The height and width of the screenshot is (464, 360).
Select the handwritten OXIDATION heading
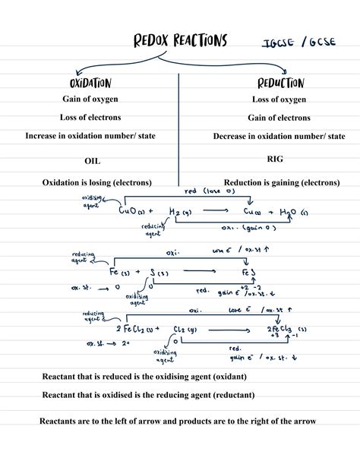(x=90, y=83)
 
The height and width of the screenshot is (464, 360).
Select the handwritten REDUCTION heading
(x=280, y=82)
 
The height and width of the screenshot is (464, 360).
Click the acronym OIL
(x=92, y=161)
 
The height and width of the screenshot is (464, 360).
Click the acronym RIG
(x=275, y=159)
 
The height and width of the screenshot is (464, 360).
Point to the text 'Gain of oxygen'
(x=90, y=99)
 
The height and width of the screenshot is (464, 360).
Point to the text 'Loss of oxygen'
(x=279, y=99)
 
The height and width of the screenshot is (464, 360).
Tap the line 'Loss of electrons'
(x=90, y=117)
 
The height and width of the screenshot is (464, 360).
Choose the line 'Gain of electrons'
(x=279, y=118)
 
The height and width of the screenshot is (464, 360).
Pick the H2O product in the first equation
(x=288, y=211)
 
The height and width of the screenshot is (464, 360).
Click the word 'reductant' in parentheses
(x=232, y=395)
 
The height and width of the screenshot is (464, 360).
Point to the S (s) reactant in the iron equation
(x=156, y=271)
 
